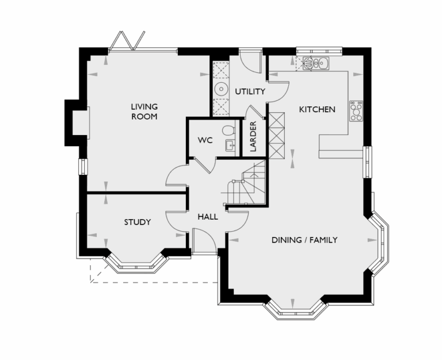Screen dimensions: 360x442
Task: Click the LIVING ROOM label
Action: (x=144, y=112)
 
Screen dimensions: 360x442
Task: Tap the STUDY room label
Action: (x=138, y=222)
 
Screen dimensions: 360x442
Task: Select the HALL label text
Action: (x=208, y=217)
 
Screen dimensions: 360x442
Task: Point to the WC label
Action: (x=205, y=140)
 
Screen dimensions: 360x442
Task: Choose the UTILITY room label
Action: (x=250, y=91)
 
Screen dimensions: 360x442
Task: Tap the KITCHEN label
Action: (x=317, y=109)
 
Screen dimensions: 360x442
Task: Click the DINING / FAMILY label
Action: (x=304, y=240)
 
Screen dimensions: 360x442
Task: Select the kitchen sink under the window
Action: (x=315, y=63)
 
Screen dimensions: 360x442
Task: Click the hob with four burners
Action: (x=356, y=109)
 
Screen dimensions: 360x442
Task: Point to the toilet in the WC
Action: (x=228, y=130)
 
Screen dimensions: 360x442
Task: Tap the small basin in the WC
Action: (x=230, y=145)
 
